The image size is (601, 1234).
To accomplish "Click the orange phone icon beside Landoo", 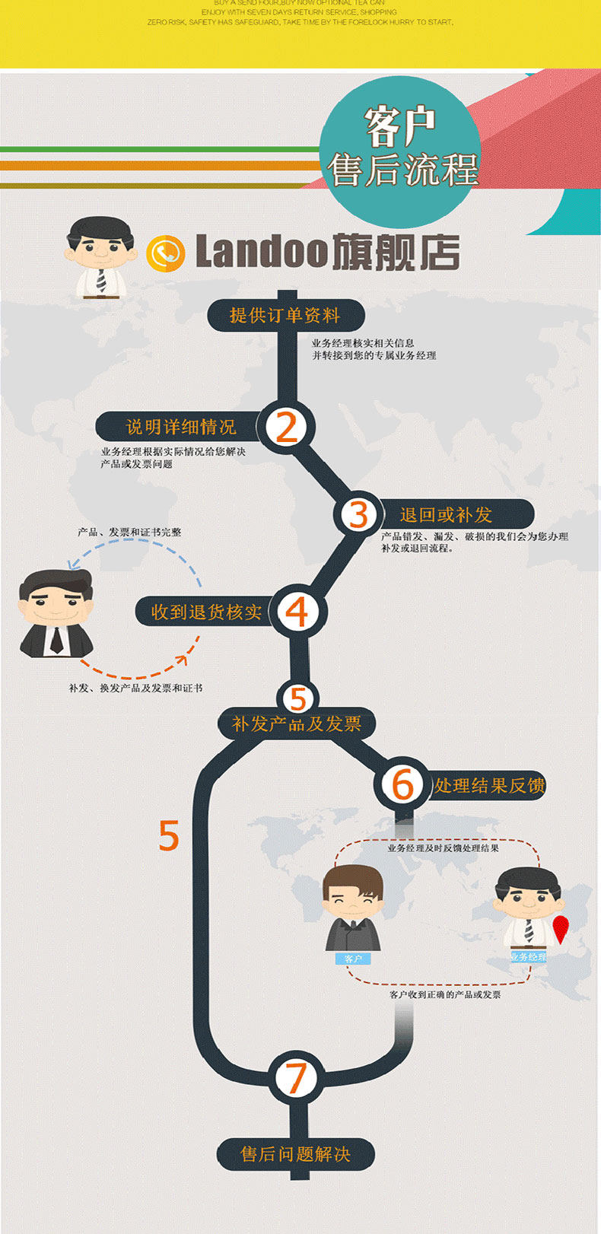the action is point(165,253).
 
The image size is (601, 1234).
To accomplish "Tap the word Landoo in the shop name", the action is point(262,252).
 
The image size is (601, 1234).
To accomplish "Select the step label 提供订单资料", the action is point(285,315).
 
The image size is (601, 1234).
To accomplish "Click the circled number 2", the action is point(286,428).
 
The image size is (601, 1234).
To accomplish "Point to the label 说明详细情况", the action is point(181,427).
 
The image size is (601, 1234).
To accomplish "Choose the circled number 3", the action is point(359,514).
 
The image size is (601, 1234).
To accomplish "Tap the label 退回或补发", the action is point(447,515).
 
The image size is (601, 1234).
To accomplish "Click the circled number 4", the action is point(296,612).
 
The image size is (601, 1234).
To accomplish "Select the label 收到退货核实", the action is point(206,612).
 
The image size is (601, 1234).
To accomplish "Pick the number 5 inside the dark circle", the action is point(297,698).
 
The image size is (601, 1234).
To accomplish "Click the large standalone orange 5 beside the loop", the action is point(169,835).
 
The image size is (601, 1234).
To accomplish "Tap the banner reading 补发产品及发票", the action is point(297,724).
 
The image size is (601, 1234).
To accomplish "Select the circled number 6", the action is point(402,784).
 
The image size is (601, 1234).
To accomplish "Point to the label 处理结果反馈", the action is point(490,785).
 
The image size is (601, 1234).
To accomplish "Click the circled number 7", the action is point(295,1077).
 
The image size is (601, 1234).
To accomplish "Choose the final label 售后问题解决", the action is point(295,1154).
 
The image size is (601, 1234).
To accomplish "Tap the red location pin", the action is point(560,928).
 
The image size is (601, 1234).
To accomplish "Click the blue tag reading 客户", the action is point(353,959).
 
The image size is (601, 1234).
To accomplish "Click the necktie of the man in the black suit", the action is point(56,640).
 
